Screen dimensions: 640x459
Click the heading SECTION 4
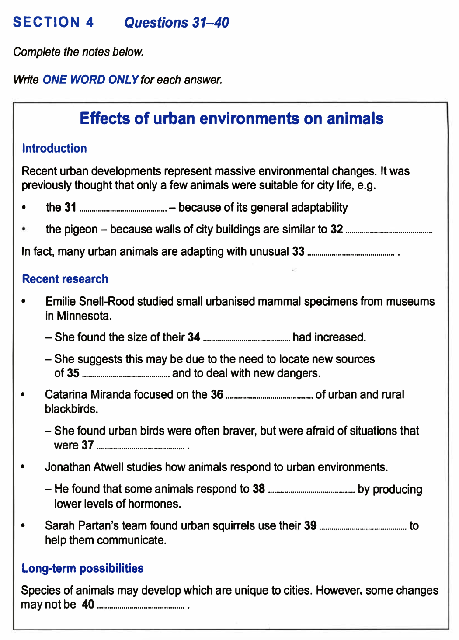[x=53, y=22]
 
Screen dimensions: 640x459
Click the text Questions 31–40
[x=177, y=22]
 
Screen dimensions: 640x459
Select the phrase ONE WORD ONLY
[x=90, y=80]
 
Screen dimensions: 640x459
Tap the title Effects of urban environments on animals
[x=231, y=118]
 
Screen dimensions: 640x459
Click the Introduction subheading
[x=54, y=148]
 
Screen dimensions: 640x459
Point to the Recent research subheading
[x=65, y=279]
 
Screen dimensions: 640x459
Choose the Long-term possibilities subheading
[x=83, y=568]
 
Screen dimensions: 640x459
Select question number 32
[x=337, y=230]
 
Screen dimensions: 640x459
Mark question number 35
[x=73, y=373]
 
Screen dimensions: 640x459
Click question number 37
[x=88, y=445]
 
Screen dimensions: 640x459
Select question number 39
[x=310, y=525]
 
